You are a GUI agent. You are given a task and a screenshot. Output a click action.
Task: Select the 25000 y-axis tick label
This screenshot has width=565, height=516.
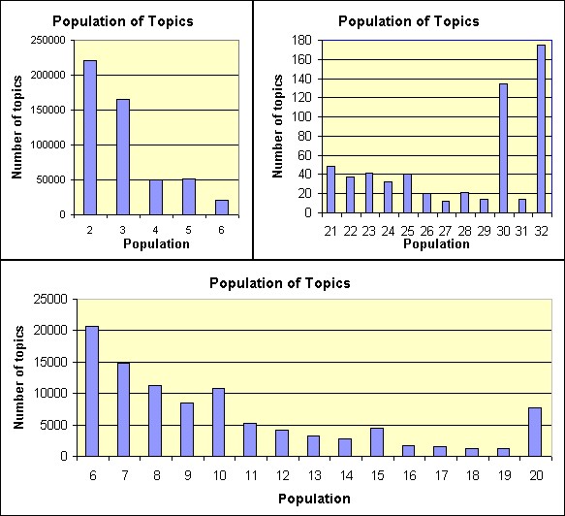click(52, 299)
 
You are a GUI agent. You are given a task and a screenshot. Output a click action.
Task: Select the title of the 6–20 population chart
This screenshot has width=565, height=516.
click(280, 283)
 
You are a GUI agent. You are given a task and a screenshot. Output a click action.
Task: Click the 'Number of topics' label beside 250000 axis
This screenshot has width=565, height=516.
click(16, 127)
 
